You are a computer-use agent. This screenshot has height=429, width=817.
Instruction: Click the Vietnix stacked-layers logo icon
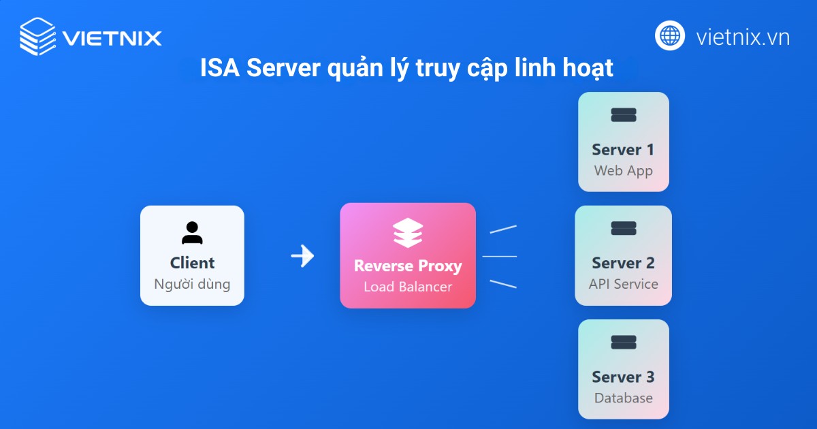[37, 35]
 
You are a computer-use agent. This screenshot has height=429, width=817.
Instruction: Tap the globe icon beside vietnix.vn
[670, 35]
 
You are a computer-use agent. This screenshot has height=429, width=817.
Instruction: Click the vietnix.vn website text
[743, 37]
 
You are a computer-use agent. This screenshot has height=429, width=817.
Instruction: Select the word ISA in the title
[220, 69]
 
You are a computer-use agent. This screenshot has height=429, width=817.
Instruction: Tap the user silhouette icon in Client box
[192, 233]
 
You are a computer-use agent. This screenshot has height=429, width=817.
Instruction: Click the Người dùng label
[192, 284]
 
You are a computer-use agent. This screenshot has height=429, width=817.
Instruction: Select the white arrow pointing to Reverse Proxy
[302, 256]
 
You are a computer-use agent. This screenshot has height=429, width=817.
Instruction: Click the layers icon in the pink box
[408, 233]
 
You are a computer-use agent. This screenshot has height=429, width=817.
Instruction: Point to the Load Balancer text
[408, 287]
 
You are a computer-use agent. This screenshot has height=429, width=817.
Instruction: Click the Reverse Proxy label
[408, 266]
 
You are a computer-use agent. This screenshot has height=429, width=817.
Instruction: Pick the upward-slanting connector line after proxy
[503, 229]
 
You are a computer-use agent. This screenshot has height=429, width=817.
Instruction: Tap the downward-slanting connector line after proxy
[503, 283]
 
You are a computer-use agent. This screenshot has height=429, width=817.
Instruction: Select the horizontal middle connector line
[500, 257]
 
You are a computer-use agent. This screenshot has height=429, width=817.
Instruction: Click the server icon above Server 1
[624, 115]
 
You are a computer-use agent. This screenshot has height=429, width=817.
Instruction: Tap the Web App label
[624, 170]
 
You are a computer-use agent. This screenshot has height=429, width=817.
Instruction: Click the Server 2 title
[624, 263]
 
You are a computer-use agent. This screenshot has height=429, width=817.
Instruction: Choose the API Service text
[624, 284]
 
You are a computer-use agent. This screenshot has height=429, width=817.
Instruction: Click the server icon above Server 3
[624, 343]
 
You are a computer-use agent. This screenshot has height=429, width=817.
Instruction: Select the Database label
[624, 398]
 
